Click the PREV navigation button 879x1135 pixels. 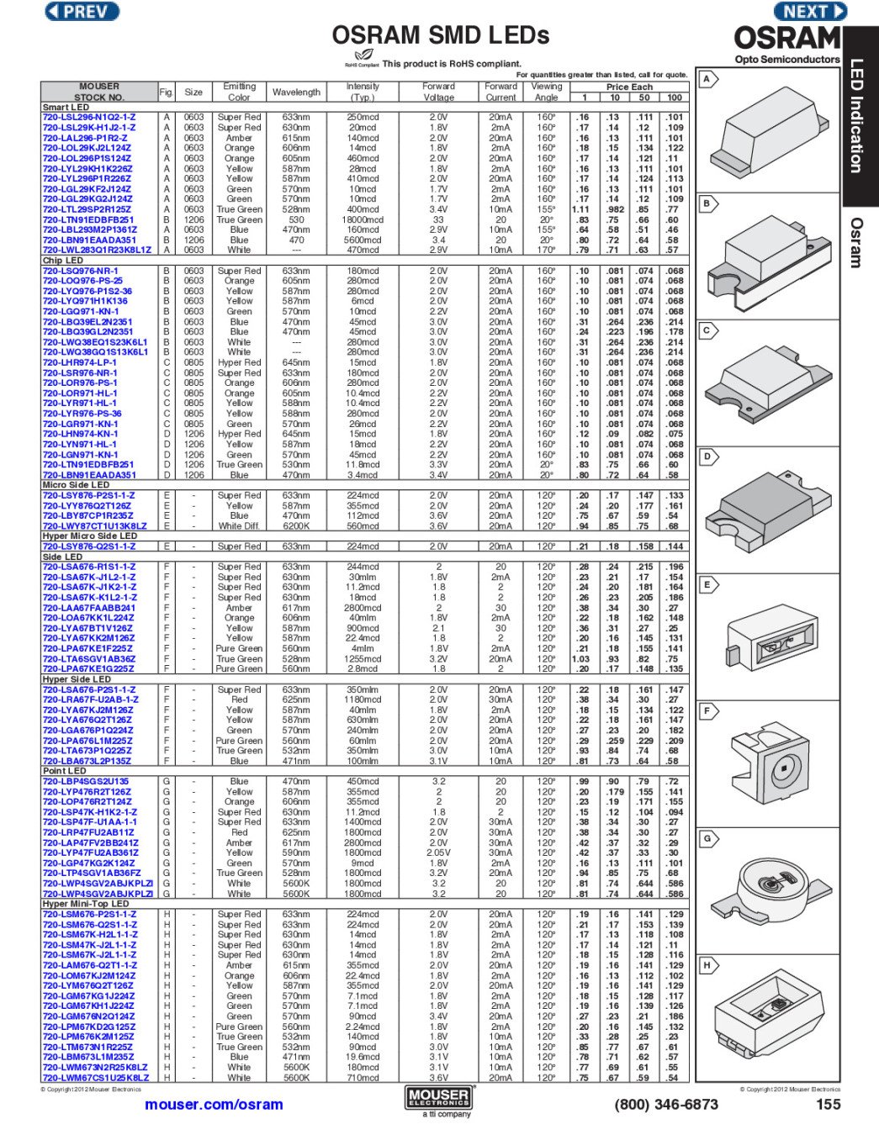pos(82,12)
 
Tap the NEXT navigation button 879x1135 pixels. pos(809,12)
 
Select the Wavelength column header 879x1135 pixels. pos(296,92)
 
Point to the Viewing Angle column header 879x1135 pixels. pos(546,92)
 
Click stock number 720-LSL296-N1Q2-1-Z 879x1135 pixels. pos(89,118)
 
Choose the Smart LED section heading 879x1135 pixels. pos(66,108)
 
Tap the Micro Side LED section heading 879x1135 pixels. pos(76,485)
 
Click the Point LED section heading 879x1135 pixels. pos(64,771)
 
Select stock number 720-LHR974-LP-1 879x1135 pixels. pos(80,362)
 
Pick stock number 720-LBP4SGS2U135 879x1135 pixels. pos(86,781)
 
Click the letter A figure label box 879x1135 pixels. pos(707,79)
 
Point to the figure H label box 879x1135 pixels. pos(707,965)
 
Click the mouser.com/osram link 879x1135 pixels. pos(214,1105)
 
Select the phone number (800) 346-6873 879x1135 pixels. pos(666,1105)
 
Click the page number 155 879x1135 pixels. pos(828,1105)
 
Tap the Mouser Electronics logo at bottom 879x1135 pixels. pos(438,1097)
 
